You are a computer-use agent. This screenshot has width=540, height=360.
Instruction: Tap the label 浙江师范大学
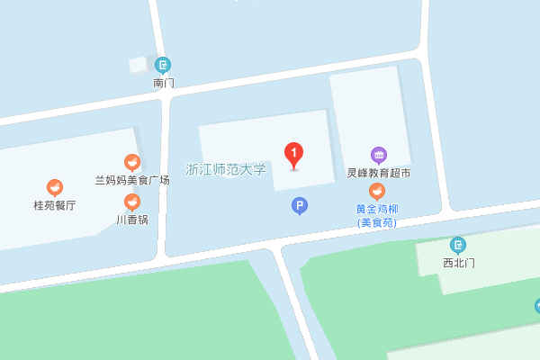(226, 169)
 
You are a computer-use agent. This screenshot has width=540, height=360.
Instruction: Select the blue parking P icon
(299, 206)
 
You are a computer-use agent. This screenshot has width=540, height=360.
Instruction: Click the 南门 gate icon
(163, 65)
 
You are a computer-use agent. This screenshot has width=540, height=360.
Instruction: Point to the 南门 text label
(164, 83)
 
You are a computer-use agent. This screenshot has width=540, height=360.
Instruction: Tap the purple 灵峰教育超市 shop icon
(378, 155)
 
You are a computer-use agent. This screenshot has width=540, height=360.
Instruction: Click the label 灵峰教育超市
(378, 173)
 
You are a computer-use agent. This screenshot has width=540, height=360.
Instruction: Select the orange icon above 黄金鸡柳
(377, 191)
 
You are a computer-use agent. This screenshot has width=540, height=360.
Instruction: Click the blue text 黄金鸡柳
(377, 209)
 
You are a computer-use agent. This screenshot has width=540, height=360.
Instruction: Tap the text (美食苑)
(377, 222)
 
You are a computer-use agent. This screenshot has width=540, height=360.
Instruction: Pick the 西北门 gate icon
(458, 245)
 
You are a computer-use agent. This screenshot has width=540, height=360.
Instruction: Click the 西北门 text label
(458, 263)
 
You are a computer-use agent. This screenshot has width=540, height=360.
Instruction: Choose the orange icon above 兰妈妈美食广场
(132, 162)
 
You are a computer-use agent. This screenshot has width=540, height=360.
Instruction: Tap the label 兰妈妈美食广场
(132, 180)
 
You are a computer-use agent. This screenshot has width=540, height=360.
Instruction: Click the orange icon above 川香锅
(132, 202)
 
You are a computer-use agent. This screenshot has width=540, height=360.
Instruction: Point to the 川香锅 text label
(132, 219)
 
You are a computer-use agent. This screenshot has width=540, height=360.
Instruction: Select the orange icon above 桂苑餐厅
(55, 187)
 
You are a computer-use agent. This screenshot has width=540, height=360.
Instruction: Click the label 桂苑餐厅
(55, 205)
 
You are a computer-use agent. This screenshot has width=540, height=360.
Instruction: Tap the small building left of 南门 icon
(138, 65)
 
